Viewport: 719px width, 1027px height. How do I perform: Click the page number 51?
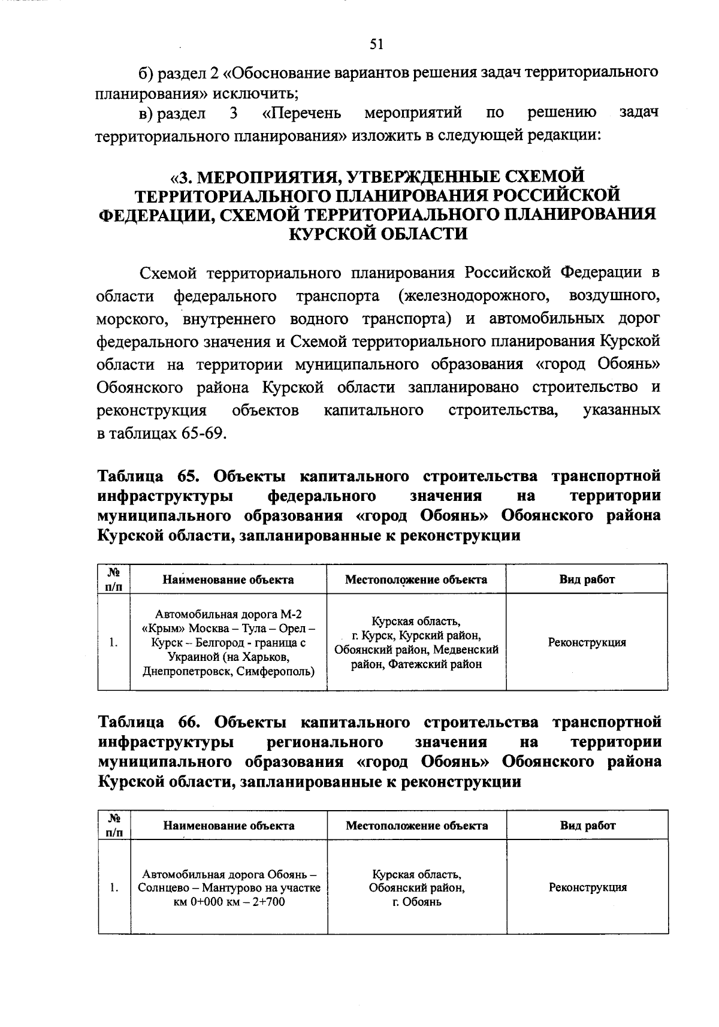(x=376, y=44)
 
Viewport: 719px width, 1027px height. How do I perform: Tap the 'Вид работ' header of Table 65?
(x=587, y=579)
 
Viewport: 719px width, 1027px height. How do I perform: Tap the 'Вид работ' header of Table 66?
(x=587, y=825)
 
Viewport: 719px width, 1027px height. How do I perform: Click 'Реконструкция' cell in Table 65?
(x=587, y=642)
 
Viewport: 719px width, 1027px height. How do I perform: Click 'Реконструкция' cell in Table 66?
(x=587, y=887)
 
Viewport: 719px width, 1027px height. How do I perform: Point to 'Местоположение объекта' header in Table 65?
(x=416, y=579)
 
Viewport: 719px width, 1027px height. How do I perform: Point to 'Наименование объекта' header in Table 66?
(x=229, y=826)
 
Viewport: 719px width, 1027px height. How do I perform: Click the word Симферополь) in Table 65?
(x=274, y=671)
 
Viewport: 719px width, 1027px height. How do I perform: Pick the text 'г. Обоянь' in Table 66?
(x=417, y=902)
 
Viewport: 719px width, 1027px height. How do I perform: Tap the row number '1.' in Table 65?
(x=114, y=642)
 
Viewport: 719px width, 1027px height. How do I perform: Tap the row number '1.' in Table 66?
(x=114, y=887)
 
